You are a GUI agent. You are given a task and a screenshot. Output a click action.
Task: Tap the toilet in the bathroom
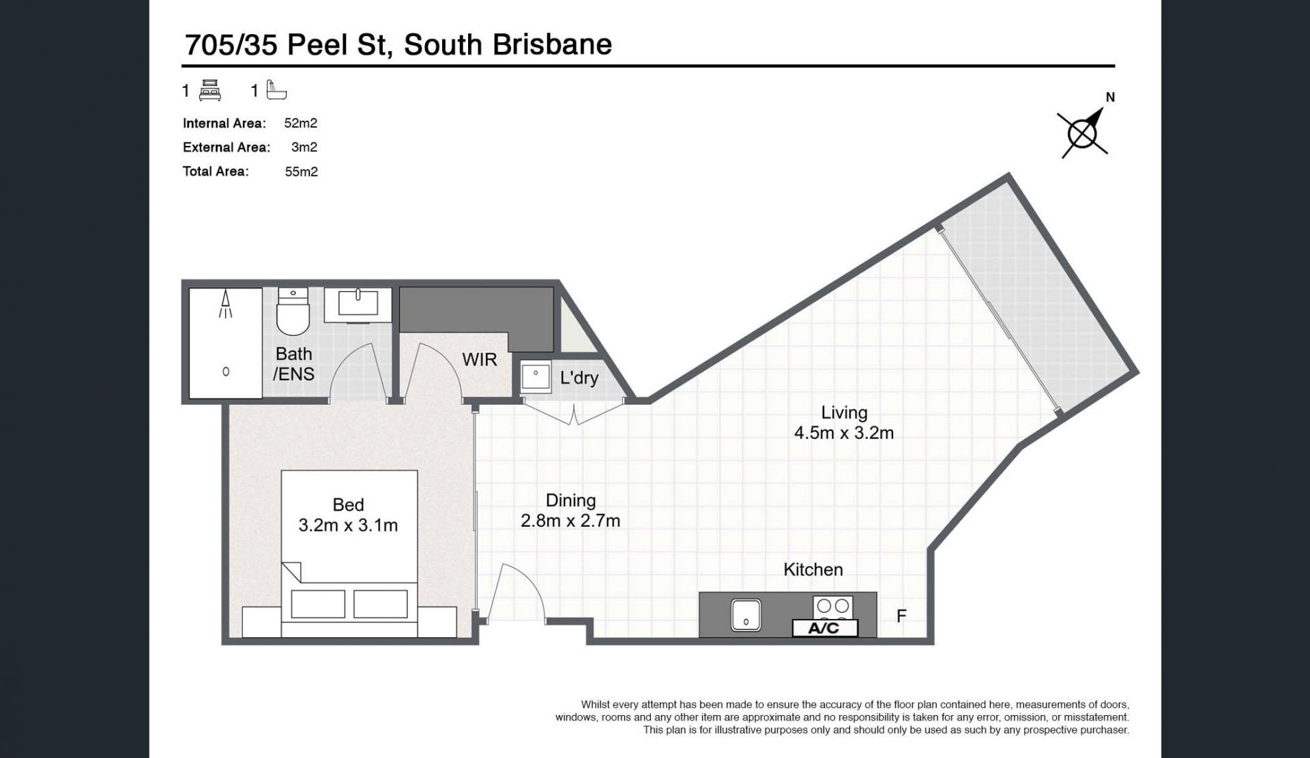point(293,312)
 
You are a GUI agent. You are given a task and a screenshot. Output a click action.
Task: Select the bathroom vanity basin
point(358,304)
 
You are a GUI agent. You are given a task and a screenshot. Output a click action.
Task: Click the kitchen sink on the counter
point(746,615)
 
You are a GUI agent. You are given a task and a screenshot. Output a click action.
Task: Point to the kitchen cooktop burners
point(833,606)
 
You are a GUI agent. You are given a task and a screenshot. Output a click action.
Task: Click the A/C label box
point(824,628)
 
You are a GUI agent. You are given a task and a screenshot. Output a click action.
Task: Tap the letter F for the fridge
point(901,616)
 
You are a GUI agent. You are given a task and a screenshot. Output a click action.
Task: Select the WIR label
point(480,360)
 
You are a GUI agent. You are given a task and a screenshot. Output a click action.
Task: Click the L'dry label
point(579,378)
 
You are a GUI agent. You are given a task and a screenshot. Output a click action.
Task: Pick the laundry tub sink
point(536,377)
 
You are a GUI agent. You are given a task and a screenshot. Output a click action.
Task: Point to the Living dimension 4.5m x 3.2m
point(844,433)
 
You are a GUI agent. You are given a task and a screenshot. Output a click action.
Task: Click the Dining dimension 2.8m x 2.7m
point(570,521)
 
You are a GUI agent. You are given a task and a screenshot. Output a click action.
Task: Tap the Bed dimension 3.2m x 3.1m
point(348,526)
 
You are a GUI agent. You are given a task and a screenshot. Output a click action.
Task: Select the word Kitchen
point(813,570)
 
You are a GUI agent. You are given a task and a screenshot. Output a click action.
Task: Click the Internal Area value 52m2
point(301,123)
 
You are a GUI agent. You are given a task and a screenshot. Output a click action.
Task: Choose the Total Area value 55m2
point(302,172)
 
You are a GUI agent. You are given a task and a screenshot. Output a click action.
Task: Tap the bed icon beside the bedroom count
point(210,91)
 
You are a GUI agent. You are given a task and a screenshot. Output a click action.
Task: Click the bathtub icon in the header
point(276,90)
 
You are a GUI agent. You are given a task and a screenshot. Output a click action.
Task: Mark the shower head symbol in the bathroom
point(225,304)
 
